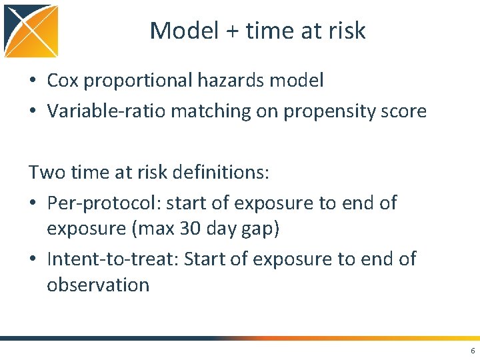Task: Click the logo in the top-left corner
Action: pos(31,31)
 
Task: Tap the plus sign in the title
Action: pos(233,31)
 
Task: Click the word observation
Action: pos(98,285)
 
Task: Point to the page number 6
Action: pos(473,351)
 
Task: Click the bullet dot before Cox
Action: pos(32,81)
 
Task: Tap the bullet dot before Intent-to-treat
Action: pos(32,259)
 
